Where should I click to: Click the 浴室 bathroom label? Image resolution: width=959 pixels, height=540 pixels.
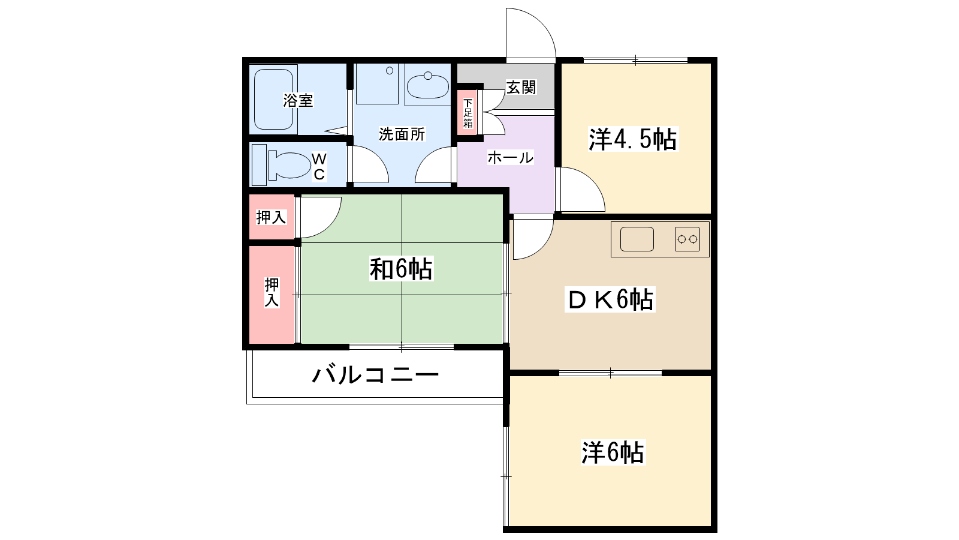coord(298,100)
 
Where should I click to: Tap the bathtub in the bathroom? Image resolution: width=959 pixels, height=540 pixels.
coord(273,100)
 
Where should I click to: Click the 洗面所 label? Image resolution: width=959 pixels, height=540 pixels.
coord(402,134)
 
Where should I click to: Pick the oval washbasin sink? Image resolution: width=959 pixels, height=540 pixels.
coord(428,86)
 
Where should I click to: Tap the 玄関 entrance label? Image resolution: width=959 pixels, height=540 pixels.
coord(521,88)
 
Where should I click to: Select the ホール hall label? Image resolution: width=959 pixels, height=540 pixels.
coord(510,158)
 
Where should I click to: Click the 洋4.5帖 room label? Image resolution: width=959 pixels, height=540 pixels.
coord(632,139)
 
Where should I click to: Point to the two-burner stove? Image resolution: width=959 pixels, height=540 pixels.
coord(687,239)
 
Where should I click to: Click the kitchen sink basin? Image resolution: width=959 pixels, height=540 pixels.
coord(637,239)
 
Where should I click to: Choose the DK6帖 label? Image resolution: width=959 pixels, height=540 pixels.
coord(610,299)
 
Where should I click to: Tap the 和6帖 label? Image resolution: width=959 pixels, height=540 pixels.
coord(401,269)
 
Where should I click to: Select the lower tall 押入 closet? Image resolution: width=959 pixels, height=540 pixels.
coord(272,295)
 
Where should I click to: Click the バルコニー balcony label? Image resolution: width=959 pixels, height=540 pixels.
coord(375,374)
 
